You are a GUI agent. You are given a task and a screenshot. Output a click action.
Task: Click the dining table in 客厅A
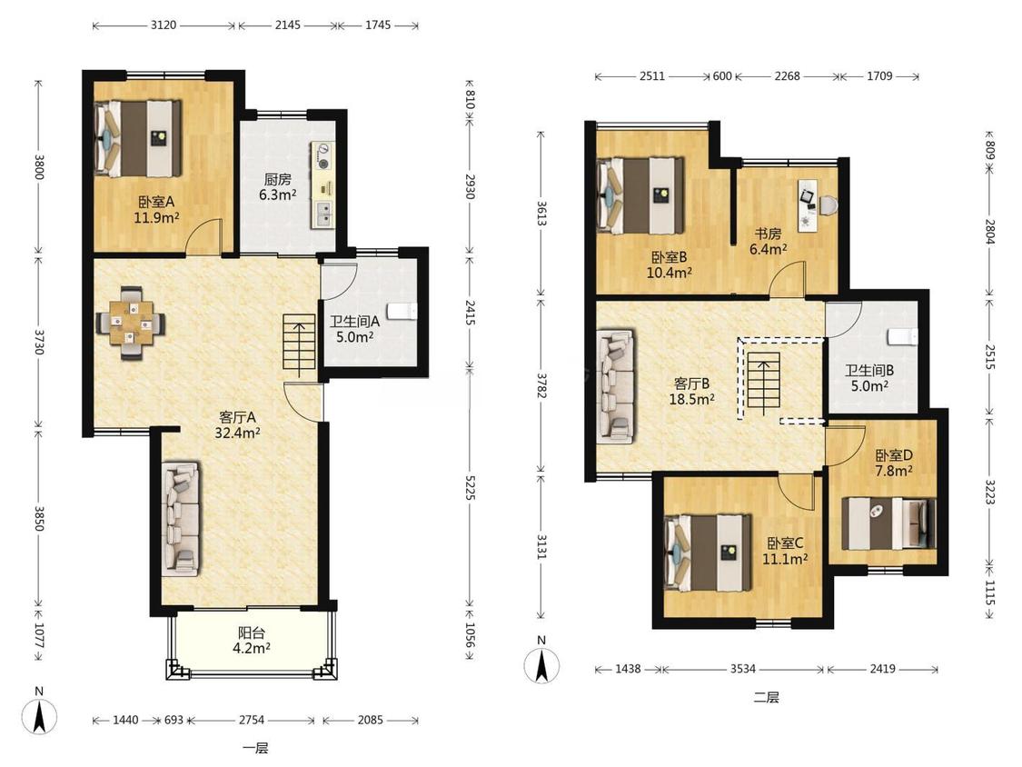[130, 323]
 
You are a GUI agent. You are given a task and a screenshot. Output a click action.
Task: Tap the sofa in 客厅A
[181, 520]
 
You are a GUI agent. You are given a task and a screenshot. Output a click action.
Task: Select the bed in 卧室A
[137, 138]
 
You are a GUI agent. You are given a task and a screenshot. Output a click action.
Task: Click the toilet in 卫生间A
[402, 311]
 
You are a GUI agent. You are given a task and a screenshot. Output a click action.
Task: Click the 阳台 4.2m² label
[251, 640]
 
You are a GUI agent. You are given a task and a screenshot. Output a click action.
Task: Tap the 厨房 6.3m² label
[278, 187]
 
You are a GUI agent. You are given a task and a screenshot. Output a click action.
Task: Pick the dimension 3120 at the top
[163, 25]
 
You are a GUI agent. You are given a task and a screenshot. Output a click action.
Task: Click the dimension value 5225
[471, 485]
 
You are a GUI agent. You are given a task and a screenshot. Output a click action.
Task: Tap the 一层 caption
[255, 748]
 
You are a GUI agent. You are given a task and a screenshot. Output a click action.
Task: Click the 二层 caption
[766, 698]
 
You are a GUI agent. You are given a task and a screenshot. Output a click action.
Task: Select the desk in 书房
[809, 204]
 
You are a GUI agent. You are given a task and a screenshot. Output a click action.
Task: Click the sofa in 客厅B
[615, 386]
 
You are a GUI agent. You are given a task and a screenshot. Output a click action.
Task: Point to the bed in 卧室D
[888, 523]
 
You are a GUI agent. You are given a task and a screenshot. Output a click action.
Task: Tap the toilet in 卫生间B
[903, 337]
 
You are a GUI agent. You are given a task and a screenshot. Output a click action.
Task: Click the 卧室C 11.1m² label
[785, 551]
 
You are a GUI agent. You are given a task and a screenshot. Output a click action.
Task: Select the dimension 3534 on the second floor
[743, 669]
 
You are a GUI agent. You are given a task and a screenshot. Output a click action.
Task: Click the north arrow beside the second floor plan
[541, 664]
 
